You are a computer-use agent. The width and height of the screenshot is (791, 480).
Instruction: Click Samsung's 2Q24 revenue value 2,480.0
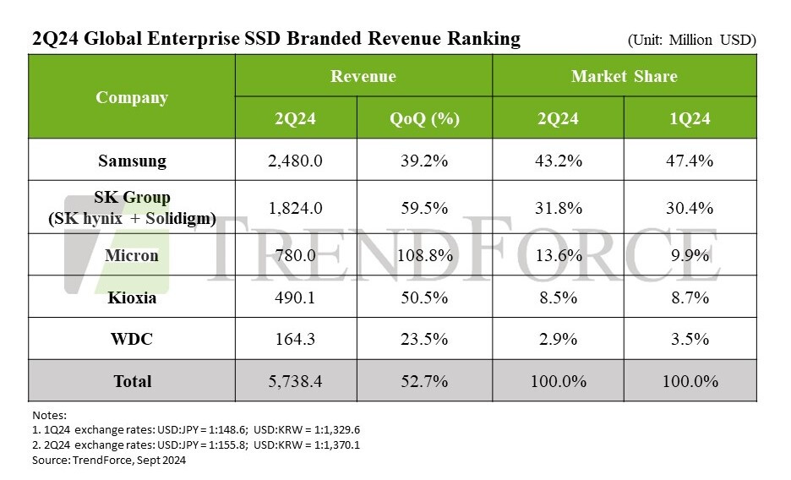pyautogui.click(x=295, y=161)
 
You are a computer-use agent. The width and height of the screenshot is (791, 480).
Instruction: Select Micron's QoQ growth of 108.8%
pyautogui.click(x=424, y=254)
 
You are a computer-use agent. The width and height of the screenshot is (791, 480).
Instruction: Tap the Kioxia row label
pyautogui.click(x=131, y=298)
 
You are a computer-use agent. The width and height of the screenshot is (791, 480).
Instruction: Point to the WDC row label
pyautogui.click(x=131, y=340)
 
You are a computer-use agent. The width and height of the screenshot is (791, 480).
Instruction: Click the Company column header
pyautogui.click(x=131, y=97)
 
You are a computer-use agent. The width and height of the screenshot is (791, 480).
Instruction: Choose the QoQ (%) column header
pyautogui.click(x=424, y=118)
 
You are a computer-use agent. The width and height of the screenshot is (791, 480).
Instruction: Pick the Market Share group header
pyautogui.click(x=624, y=76)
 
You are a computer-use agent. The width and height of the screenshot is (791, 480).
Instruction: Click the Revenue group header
pyautogui.click(x=363, y=76)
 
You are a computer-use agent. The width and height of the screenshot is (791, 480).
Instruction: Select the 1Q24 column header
pyautogui.click(x=690, y=118)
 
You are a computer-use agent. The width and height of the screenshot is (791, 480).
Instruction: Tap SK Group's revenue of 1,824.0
pyautogui.click(x=295, y=208)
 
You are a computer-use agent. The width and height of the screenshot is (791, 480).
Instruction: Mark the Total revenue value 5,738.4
pyautogui.click(x=295, y=381)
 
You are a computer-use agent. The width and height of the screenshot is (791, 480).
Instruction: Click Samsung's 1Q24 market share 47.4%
pyautogui.click(x=690, y=161)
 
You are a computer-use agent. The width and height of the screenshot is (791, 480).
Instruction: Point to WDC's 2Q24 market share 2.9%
pyautogui.click(x=558, y=340)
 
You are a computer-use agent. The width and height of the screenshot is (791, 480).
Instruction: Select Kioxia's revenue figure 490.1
pyautogui.click(x=295, y=298)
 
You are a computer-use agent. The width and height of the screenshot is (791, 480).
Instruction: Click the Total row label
pyautogui.click(x=133, y=381)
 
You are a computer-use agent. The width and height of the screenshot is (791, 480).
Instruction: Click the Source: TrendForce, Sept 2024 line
pyautogui.click(x=109, y=461)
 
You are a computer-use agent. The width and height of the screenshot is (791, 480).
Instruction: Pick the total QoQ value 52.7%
pyautogui.click(x=424, y=381)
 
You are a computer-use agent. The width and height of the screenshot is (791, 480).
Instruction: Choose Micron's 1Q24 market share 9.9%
pyautogui.click(x=690, y=254)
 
